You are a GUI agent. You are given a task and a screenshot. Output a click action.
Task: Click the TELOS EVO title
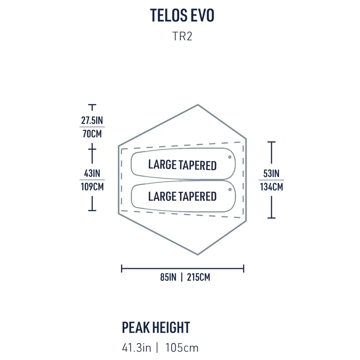[182, 15]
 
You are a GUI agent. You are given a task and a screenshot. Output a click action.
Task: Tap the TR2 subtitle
[182, 36]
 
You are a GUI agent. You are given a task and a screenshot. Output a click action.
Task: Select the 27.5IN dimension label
[92, 120]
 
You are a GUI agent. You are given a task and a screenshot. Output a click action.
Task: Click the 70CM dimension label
[92, 134]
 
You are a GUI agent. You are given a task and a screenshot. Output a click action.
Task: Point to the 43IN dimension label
[92, 173]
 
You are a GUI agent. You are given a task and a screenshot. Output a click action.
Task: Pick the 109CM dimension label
[92, 187]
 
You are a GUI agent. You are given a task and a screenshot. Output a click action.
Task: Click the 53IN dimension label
[271, 173]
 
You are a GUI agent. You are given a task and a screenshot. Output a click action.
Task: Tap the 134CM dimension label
[271, 187]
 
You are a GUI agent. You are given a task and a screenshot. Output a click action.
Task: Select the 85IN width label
[168, 277]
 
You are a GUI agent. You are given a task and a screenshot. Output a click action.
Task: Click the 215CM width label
[199, 277]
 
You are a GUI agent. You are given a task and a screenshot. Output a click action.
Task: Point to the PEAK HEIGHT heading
[156, 328]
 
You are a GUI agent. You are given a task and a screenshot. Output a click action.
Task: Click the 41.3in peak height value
[137, 348]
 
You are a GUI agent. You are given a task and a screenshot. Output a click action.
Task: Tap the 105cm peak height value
[182, 348]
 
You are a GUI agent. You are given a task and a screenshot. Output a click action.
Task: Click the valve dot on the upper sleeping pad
[230, 157]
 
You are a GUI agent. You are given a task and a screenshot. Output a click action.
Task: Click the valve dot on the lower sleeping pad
[230, 189]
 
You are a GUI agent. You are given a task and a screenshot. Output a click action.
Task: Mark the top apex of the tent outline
[198, 105]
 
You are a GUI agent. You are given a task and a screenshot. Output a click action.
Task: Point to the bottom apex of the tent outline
[198, 254]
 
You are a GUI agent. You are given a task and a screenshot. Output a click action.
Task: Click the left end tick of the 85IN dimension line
[121, 268]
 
